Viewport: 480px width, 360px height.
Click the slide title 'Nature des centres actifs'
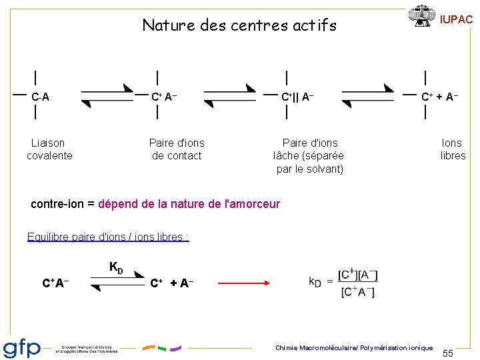click(239, 26)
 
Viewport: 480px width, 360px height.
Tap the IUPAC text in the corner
click(456, 20)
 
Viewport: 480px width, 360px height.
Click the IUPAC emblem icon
click(421, 16)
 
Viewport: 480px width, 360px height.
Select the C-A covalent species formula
click(40, 97)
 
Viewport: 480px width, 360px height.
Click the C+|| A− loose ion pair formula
click(297, 97)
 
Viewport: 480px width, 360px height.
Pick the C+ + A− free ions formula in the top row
click(439, 97)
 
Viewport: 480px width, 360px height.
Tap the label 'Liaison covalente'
click(49, 149)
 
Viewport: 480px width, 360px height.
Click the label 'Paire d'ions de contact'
click(177, 149)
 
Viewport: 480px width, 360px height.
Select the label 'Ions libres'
click(453, 149)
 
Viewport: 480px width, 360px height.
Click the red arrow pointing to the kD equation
click(245, 283)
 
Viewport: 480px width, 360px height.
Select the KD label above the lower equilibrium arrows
click(116, 268)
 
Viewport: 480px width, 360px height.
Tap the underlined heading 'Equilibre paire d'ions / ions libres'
click(108, 237)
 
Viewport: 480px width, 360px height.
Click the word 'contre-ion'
click(57, 204)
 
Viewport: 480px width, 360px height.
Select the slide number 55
click(448, 353)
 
